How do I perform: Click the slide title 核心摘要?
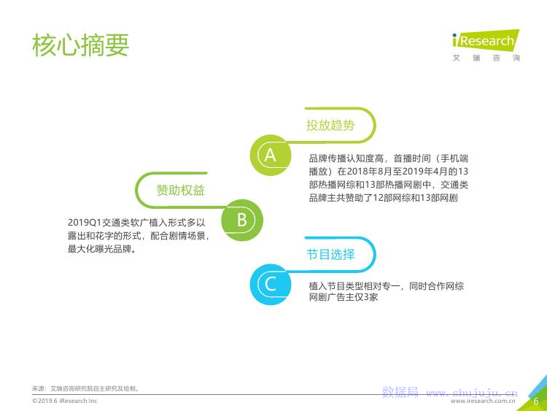click(80, 45)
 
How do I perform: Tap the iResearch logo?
click(486, 40)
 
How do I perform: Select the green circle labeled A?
click(271, 155)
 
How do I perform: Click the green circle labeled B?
click(242, 220)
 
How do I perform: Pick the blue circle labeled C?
click(271, 285)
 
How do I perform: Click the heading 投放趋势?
click(330, 125)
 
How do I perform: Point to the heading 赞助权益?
click(180, 191)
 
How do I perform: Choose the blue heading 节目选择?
click(330, 254)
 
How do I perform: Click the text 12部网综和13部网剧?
click(415, 198)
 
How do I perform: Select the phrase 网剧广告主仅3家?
click(344, 297)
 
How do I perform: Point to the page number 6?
click(536, 402)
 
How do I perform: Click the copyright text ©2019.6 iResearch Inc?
click(64, 401)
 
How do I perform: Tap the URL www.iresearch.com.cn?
click(483, 402)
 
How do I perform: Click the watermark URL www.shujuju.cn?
click(472, 393)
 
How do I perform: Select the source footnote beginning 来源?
click(86, 388)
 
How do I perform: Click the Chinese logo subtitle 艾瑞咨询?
click(486, 58)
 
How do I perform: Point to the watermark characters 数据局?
click(400, 392)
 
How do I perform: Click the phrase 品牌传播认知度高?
click(346, 158)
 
